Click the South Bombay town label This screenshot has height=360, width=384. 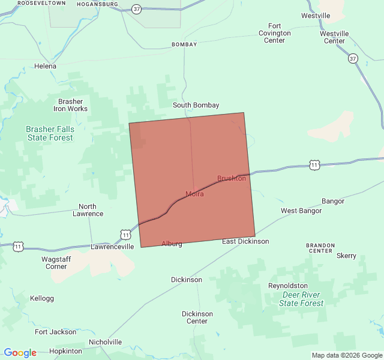tap(196, 105)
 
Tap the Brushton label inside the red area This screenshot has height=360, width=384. tap(232, 178)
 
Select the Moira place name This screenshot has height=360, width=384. tap(194, 194)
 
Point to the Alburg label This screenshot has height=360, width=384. tap(172, 244)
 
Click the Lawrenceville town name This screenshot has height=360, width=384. tap(112, 247)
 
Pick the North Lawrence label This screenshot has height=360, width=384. tap(88, 210)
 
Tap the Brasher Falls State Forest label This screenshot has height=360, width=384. tap(50, 133)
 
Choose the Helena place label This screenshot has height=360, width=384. tap(46, 66)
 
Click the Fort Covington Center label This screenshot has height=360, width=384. tap(275, 33)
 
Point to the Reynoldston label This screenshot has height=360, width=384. tap(288, 286)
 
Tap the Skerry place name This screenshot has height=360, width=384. tap(346, 256)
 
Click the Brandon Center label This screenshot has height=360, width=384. tap(319, 248)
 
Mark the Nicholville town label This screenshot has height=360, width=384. tap(105, 342)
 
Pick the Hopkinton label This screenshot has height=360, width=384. tap(65, 351)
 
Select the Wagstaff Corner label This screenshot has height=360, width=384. tap(56, 263)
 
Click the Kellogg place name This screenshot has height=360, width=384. tap(42, 298)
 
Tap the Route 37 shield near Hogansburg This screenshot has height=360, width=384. tap(137, 9)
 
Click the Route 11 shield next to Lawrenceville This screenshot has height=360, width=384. tap(125, 233)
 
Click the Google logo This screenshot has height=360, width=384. tap(20, 353)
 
